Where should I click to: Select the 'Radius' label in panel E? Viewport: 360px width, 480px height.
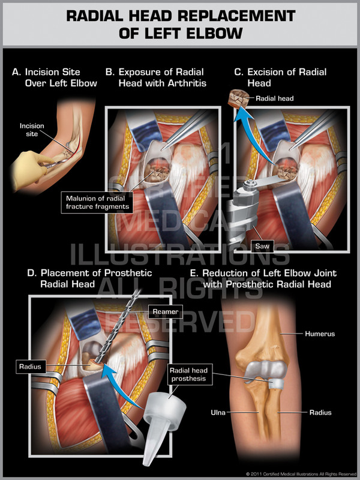pos(319,413)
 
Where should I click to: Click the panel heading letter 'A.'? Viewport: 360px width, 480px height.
pos(16,73)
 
